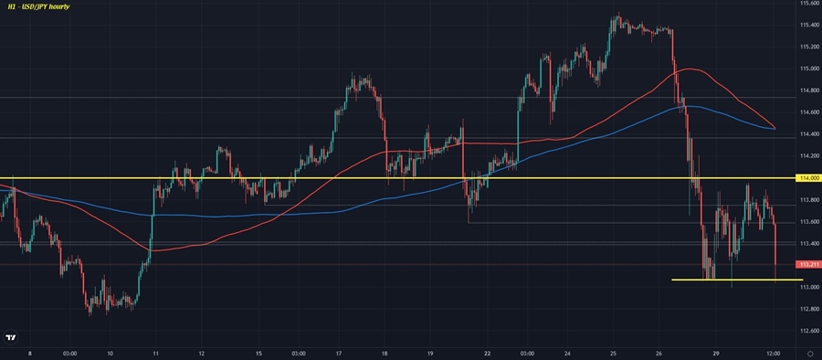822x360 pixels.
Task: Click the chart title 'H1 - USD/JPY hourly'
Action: click(x=40, y=6)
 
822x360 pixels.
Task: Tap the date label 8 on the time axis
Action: click(x=30, y=353)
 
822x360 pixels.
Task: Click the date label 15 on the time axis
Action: click(x=259, y=353)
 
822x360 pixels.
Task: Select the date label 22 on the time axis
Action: click(x=488, y=353)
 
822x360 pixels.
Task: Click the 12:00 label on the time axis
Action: click(x=773, y=353)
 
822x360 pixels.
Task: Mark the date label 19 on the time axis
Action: click(x=429, y=353)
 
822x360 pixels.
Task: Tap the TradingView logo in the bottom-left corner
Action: click(x=10, y=338)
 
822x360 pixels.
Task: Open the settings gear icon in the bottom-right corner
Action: click(x=810, y=353)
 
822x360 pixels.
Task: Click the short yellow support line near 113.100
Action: click(x=736, y=280)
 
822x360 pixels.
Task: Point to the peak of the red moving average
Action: click(x=691, y=69)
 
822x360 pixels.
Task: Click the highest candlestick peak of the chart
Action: click(x=618, y=14)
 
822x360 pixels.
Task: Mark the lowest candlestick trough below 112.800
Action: click(x=90, y=313)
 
